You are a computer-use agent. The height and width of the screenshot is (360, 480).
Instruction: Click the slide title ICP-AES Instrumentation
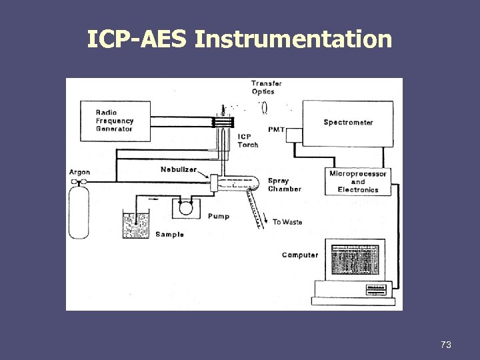pyautogui.click(x=239, y=39)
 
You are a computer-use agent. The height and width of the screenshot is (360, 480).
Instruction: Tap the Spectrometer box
pyautogui.click(x=349, y=123)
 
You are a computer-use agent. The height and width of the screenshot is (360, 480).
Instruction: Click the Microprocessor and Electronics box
pyautogui.click(x=358, y=181)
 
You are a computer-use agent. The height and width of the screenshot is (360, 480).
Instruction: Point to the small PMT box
pyautogui.click(x=294, y=135)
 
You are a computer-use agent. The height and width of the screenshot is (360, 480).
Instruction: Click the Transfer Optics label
pyautogui.click(x=266, y=87)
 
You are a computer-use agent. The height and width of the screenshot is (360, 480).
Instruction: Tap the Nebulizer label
pyautogui.click(x=178, y=169)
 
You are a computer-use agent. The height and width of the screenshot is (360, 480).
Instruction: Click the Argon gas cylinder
pyautogui.click(x=80, y=212)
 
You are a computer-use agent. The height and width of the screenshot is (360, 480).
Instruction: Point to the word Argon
pyautogui.click(x=79, y=173)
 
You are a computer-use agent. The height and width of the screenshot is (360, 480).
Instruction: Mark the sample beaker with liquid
pyautogui.click(x=136, y=225)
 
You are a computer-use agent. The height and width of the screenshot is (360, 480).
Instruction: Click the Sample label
pyautogui.click(x=169, y=235)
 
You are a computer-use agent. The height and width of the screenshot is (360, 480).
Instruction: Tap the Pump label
pyautogui.click(x=218, y=217)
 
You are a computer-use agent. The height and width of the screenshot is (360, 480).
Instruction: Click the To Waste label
pyautogui.click(x=287, y=222)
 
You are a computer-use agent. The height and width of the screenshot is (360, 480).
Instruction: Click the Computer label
pyautogui.click(x=300, y=255)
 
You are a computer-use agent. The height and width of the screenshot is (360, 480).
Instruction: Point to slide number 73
pyautogui.click(x=446, y=345)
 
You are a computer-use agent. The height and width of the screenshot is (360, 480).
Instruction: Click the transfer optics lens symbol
pyautogui.click(x=264, y=107)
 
